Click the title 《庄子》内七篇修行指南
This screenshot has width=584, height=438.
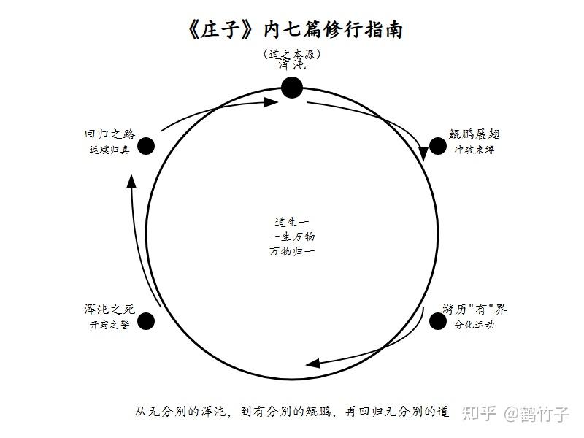click(x=295, y=30)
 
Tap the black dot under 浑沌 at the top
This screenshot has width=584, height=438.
click(x=291, y=88)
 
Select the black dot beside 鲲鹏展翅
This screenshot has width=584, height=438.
click(x=437, y=146)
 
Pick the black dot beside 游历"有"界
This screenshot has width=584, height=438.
click(x=437, y=321)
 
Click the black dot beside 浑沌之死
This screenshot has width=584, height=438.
click(x=146, y=321)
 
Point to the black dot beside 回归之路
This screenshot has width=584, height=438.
click(x=146, y=146)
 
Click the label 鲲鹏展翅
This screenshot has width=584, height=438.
click(x=474, y=134)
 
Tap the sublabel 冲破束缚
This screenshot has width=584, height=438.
click(x=474, y=150)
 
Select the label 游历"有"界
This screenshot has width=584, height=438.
click(x=474, y=310)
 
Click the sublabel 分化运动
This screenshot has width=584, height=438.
click(x=474, y=325)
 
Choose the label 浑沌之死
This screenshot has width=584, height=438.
click(x=109, y=310)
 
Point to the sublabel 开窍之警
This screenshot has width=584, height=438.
click(x=109, y=325)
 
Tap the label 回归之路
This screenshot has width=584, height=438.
click(x=109, y=134)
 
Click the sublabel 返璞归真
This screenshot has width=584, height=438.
click(x=109, y=150)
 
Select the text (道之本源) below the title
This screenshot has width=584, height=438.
click(x=291, y=54)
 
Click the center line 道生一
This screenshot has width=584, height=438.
click(x=291, y=223)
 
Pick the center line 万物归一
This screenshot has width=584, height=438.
click(x=291, y=251)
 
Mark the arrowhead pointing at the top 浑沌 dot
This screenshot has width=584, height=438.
click(x=271, y=101)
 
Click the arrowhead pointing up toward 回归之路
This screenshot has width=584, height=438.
click(x=131, y=181)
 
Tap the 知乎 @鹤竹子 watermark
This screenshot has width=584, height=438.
click(x=515, y=413)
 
